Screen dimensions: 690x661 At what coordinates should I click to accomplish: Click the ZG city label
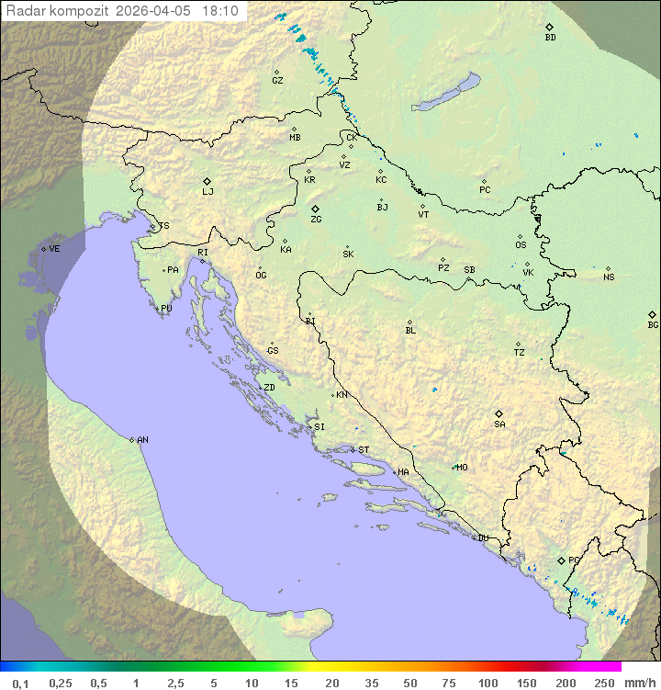[x=316, y=220]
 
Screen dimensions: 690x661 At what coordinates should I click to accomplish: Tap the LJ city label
[x=207, y=192]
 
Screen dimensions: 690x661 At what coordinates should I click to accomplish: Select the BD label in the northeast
[x=550, y=38]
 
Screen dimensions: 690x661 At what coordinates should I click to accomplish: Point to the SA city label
[x=499, y=424]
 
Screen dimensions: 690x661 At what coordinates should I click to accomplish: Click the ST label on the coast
[x=364, y=450]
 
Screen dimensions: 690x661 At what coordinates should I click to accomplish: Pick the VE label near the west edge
[x=54, y=249]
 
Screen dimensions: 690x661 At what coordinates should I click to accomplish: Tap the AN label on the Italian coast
[x=142, y=440]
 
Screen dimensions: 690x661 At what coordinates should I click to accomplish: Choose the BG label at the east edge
[x=653, y=324]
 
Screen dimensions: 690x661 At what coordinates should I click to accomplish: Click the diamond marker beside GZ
[x=277, y=72]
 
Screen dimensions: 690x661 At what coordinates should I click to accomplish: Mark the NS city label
[x=608, y=277]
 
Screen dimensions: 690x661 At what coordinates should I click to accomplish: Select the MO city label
[x=462, y=468]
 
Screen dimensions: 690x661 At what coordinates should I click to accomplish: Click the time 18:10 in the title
[x=220, y=11]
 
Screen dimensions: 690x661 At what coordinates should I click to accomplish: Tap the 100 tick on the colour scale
[x=487, y=683]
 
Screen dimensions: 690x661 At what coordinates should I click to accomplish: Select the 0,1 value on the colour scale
[x=20, y=683]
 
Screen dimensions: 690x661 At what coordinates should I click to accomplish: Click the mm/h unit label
[x=638, y=683]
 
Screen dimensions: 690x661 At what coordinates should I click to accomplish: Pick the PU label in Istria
[x=166, y=309]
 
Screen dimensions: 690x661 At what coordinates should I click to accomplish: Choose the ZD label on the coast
[x=269, y=388]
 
